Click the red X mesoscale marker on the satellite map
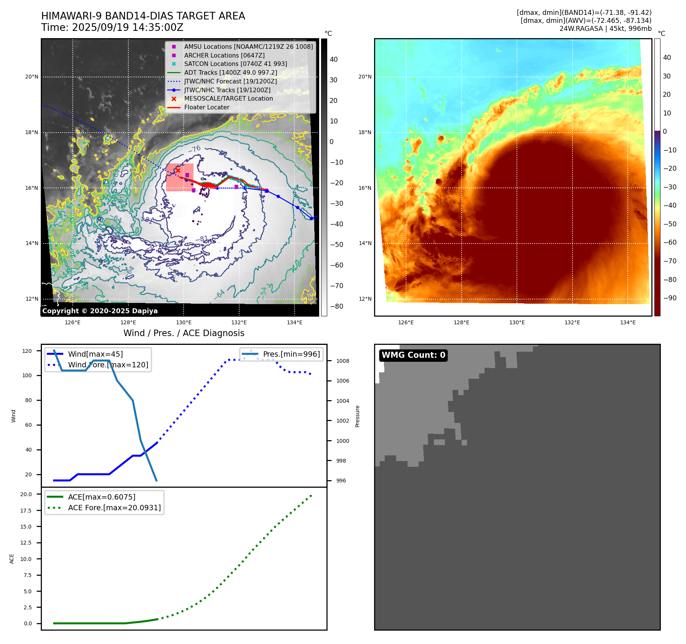pyautogui.click(x=178, y=170)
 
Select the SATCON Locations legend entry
pyautogui.click(x=235, y=64)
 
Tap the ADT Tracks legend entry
pyautogui.click(x=230, y=73)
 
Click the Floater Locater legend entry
pyautogui.click(x=206, y=107)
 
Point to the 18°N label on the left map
pyautogui.click(x=32, y=133)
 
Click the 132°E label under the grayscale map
pyautogui.click(x=239, y=323)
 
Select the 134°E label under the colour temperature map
pyautogui.click(x=628, y=323)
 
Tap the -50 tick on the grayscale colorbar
pyautogui.click(x=336, y=245)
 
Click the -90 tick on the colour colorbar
pyautogui.click(x=670, y=298)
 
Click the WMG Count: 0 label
pyautogui.click(x=413, y=355)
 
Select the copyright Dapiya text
pyautogui.click(x=100, y=311)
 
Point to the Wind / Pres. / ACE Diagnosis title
pyautogui.click(x=184, y=333)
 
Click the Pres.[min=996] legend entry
pyautogui.click(x=291, y=354)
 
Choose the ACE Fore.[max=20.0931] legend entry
pyautogui.click(x=114, y=508)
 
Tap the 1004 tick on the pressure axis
pyautogui.click(x=342, y=401)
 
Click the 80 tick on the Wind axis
pyautogui.click(x=29, y=400)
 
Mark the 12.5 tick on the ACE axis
pyautogui.click(x=26, y=543)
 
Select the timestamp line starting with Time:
pyautogui.click(x=112, y=28)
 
